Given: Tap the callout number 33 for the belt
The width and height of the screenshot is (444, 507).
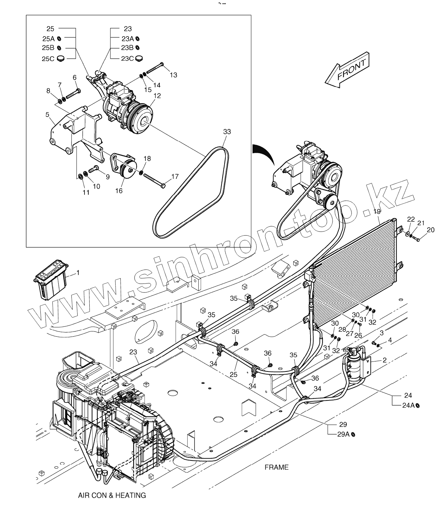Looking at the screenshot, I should click(x=227, y=132).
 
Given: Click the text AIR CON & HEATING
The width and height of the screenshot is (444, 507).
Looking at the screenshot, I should click(x=112, y=496).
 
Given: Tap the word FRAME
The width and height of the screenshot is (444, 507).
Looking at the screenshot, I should click(x=276, y=467).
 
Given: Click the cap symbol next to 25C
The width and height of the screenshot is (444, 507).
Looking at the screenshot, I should click(x=61, y=58).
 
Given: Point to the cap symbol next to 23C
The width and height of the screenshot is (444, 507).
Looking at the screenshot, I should click(x=139, y=58).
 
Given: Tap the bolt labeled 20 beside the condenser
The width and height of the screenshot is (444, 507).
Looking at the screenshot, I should click(x=415, y=238).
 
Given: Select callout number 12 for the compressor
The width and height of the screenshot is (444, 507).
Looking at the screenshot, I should click(x=157, y=96).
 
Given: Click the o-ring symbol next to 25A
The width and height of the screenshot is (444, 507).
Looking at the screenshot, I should click(x=59, y=38).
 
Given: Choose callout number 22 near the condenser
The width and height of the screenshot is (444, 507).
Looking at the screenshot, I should click(x=411, y=219).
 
